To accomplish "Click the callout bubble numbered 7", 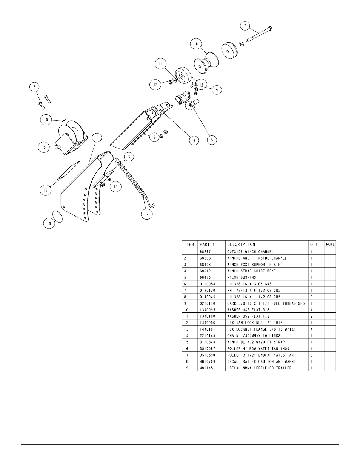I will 245,26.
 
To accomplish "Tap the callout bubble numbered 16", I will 196,44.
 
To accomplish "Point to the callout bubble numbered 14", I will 147,214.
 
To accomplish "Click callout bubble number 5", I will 212,140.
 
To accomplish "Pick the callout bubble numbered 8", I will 35,87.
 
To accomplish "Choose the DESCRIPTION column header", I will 241,244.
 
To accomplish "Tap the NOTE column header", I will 330,244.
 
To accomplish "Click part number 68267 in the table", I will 204,251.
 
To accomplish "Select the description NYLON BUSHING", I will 241,277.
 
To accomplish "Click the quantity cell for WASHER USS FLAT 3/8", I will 311,310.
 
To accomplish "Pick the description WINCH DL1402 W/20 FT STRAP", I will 256,342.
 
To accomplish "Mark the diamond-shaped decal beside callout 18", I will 68,169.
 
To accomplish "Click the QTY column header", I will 314,244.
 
